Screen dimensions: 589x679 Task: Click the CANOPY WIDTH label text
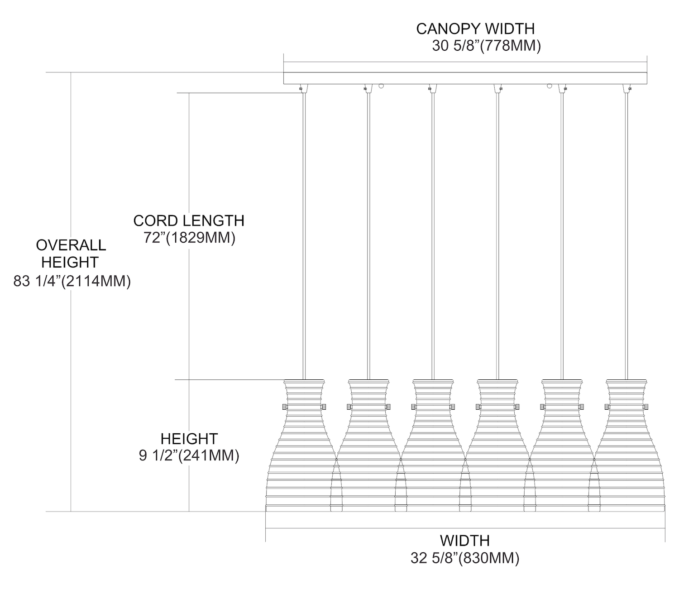[x=475, y=29]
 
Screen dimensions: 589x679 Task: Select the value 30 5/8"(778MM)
[x=486, y=46]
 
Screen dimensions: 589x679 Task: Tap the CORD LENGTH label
[x=189, y=221]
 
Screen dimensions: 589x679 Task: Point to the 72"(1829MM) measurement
[x=190, y=238]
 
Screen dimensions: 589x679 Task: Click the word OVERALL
[x=71, y=245]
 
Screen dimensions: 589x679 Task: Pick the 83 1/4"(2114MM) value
[x=72, y=281]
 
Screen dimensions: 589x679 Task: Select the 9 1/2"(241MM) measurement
[x=189, y=455]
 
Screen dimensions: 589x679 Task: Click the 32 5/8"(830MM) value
[x=465, y=558]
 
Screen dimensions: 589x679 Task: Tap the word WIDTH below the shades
[x=465, y=541]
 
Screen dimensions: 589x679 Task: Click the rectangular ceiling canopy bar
[x=465, y=78]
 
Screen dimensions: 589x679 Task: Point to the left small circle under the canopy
[x=381, y=86]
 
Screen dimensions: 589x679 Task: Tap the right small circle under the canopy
[x=550, y=86]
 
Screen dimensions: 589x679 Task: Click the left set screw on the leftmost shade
[x=283, y=407]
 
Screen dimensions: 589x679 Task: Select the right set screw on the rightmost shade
[x=646, y=407]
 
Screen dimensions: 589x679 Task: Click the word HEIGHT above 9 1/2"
[x=189, y=439]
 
